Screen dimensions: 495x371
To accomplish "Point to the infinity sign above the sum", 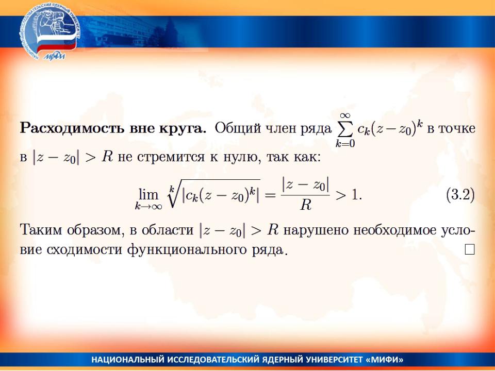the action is coord(345,115).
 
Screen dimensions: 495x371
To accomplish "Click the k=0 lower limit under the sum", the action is coord(345,144).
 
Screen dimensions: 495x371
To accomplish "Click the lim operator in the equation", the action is coord(148,195).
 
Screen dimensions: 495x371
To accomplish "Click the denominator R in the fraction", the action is coord(306,205).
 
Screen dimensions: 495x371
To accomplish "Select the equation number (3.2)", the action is coord(460,195).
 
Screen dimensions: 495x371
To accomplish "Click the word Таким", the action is coord(41,229).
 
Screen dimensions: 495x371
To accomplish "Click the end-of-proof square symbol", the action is coord(470,249).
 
